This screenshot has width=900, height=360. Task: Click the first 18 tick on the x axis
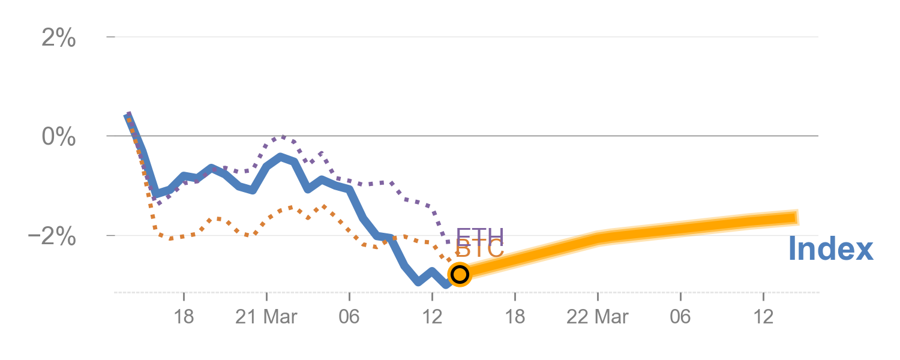pyautogui.click(x=184, y=316)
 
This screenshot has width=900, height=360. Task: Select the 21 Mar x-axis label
pyautogui.click(x=266, y=316)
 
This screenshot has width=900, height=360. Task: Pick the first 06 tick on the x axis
pyautogui.click(x=349, y=316)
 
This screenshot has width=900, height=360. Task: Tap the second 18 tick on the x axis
pyautogui.click(x=515, y=316)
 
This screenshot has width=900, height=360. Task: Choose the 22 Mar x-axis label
pyautogui.click(x=598, y=316)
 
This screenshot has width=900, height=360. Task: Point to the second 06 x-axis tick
pyautogui.click(x=680, y=316)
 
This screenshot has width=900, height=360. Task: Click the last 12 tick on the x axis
pyautogui.click(x=763, y=316)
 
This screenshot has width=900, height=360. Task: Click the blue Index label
pyautogui.click(x=830, y=249)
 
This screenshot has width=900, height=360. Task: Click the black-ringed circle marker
pyautogui.click(x=460, y=274)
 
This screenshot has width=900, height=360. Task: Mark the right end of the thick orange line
pyautogui.click(x=797, y=217)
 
